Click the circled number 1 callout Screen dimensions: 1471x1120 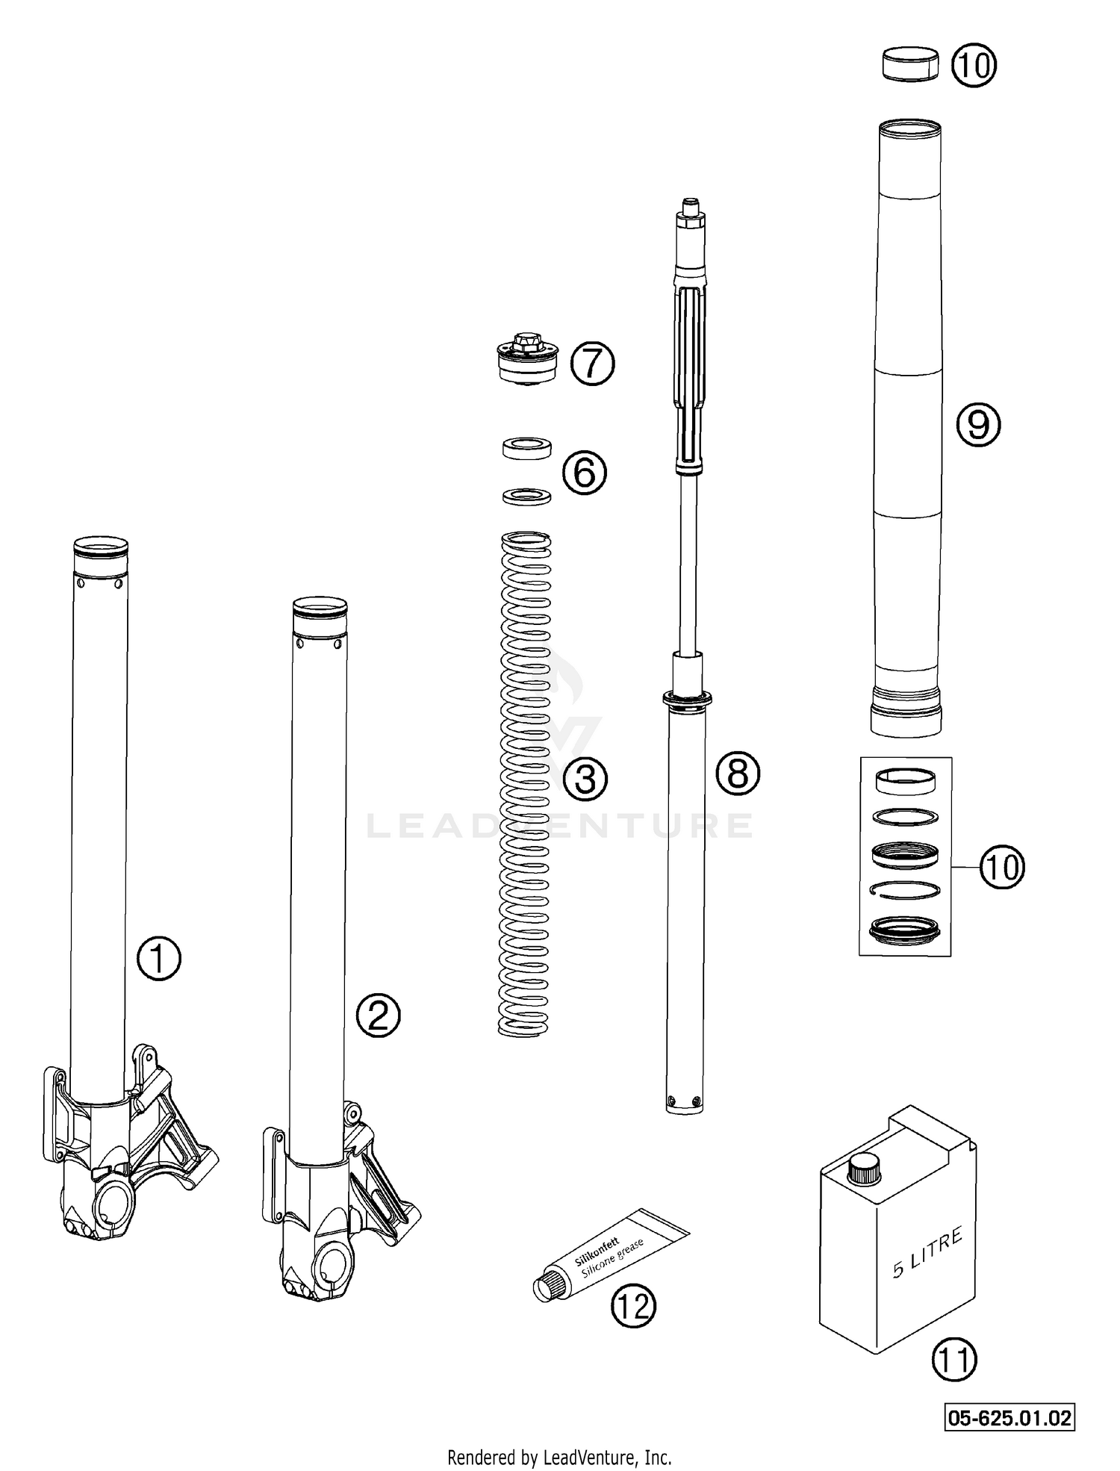coord(159,959)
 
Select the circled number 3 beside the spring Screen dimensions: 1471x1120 coord(585,779)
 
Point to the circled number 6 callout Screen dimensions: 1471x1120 coord(585,472)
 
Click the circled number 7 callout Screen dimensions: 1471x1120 coord(592,364)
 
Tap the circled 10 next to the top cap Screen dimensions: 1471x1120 coord(974,66)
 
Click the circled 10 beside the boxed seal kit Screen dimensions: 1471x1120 coord(1002,868)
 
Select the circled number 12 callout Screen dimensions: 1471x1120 coord(633,1307)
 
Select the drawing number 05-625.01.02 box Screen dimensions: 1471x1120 coord(1010,1417)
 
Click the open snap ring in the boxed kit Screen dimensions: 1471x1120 coord(905,889)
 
